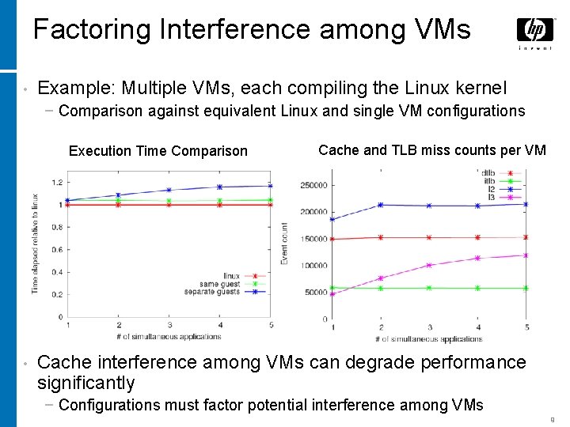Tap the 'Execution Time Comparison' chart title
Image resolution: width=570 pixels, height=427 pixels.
click(158, 151)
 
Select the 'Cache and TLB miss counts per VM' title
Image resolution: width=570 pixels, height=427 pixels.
click(431, 150)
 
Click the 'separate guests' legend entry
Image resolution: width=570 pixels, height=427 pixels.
click(211, 292)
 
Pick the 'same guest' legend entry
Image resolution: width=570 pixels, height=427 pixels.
click(219, 284)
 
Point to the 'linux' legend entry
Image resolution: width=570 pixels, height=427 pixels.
click(231, 276)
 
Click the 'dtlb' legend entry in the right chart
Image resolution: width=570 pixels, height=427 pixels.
click(488, 173)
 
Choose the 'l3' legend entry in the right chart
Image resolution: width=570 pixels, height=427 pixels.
click(492, 197)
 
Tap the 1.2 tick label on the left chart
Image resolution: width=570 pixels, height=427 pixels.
click(56, 183)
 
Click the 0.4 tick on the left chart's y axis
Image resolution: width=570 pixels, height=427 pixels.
click(56, 272)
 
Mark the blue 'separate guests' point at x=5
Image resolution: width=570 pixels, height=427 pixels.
click(270, 186)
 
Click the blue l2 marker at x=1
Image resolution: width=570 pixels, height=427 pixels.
click(332, 219)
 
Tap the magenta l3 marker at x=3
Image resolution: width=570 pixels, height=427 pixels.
click(429, 266)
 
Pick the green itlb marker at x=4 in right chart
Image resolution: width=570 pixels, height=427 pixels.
click(478, 288)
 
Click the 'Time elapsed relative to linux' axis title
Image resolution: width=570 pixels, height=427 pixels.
click(35, 243)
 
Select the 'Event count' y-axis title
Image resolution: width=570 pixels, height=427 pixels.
click(285, 244)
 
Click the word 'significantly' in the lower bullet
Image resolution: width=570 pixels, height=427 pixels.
click(86, 384)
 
